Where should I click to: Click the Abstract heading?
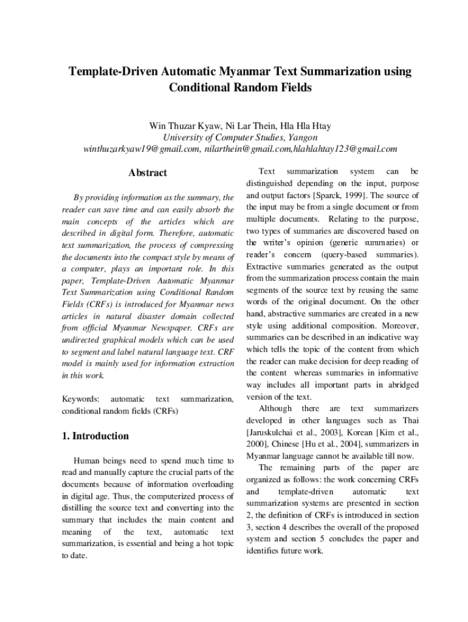point(148,173)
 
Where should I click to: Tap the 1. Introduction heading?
point(95,436)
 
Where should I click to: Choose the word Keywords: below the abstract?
point(81,399)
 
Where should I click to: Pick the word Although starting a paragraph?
point(275,408)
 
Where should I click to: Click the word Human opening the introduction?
point(86,461)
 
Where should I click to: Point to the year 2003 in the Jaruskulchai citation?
point(322,432)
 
